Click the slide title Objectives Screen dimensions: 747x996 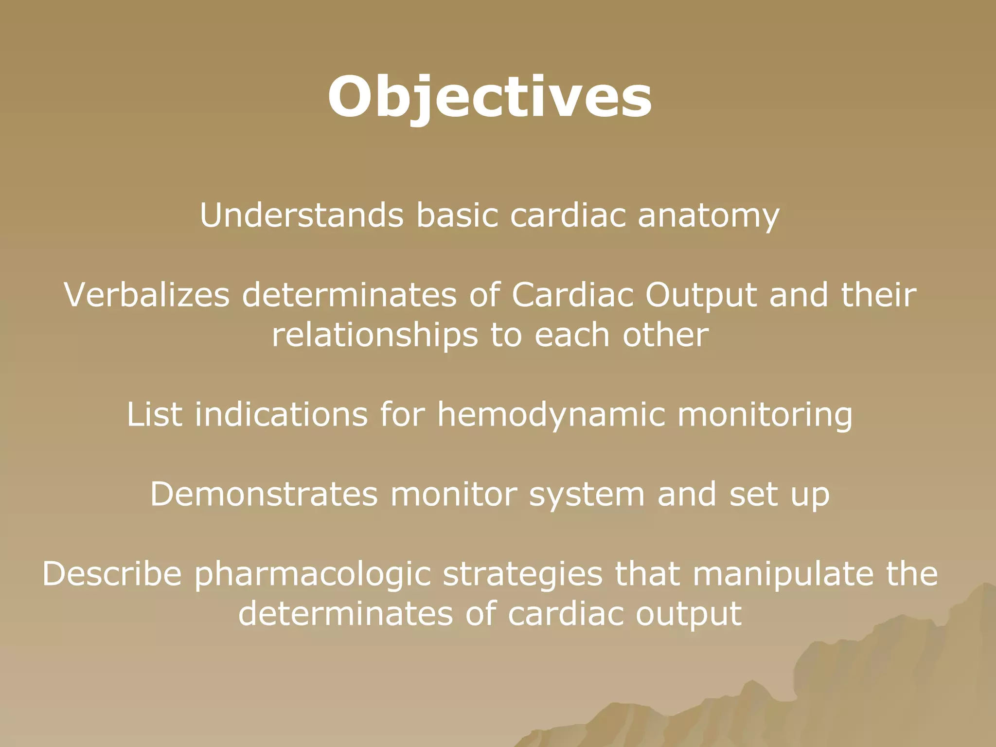coord(489,97)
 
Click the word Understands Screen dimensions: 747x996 coord(302,215)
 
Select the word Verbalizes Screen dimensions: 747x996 coord(146,295)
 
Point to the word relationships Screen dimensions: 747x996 coord(375,336)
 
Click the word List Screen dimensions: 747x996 coord(155,414)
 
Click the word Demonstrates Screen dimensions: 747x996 coord(264,494)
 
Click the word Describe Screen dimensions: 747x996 coord(112,574)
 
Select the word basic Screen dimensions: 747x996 coord(457,215)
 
